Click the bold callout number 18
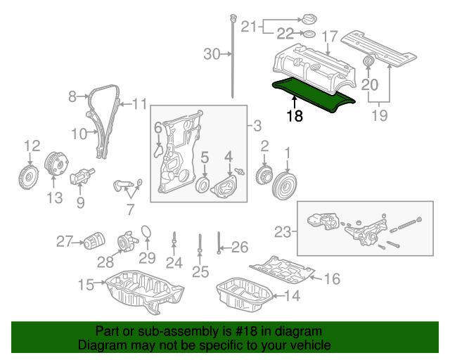[295, 116]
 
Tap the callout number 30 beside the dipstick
[212, 53]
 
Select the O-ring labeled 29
[146, 233]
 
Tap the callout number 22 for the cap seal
[284, 33]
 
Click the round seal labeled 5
[203, 185]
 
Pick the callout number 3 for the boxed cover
[257, 127]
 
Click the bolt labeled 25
[200, 246]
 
